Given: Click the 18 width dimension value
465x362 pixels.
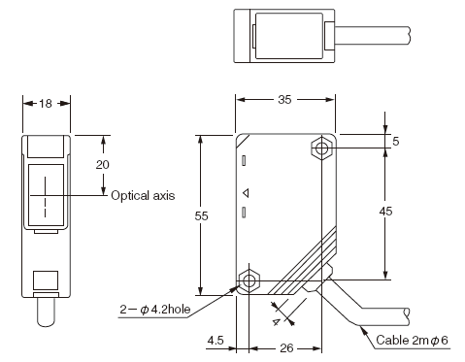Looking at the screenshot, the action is click(x=46, y=104).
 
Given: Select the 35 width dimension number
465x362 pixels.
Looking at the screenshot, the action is click(x=284, y=100).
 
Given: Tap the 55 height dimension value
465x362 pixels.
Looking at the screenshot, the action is click(x=201, y=216).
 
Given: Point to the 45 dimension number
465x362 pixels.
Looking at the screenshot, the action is click(x=385, y=212).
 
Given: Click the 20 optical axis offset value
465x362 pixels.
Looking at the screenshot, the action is click(x=103, y=165).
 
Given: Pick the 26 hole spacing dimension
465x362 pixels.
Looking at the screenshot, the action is click(x=286, y=348).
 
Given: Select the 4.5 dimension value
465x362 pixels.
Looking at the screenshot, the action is click(x=216, y=341).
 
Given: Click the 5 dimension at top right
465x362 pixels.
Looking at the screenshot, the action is click(x=396, y=142).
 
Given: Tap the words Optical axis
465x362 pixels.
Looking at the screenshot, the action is click(x=143, y=195).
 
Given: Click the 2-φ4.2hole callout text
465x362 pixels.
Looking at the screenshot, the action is click(x=155, y=310).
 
